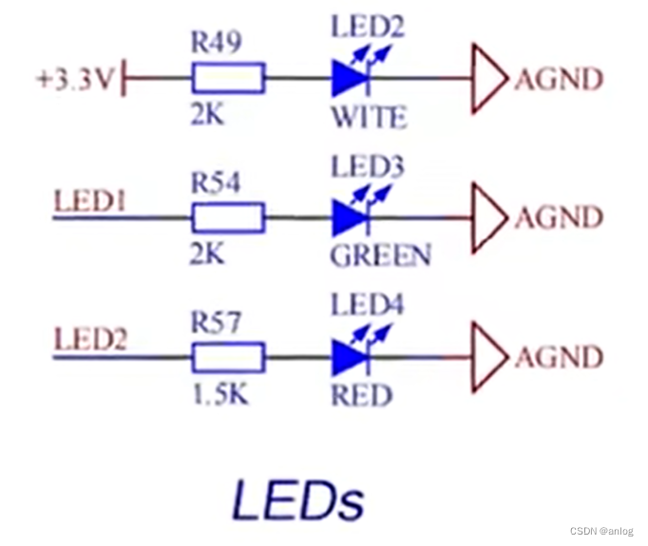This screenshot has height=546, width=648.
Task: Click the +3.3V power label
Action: pyautogui.click(x=73, y=79)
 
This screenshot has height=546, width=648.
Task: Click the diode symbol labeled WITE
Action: pyautogui.click(x=348, y=79)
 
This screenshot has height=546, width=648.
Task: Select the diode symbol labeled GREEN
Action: pyautogui.click(x=348, y=218)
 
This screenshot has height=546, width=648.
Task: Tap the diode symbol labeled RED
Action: pyautogui.click(x=348, y=358)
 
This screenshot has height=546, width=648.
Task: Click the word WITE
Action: pyautogui.click(x=368, y=117)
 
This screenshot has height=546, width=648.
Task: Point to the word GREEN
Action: pyautogui.click(x=380, y=255)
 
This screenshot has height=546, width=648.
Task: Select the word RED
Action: pyautogui.click(x=361, y=394)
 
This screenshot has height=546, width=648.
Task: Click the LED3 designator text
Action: pyautogui.click(x=367, y=167)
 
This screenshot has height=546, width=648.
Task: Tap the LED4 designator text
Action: pyautogui.click(x=367, y=306)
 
